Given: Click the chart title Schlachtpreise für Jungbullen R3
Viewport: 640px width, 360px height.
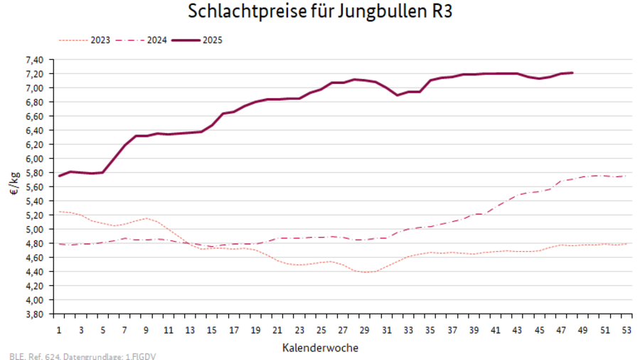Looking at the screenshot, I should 319,12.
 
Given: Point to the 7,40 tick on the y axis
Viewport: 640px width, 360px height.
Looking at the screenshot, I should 35,60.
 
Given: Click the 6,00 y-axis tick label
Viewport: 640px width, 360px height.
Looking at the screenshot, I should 35,159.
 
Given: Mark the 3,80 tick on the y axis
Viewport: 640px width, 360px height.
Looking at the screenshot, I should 35,314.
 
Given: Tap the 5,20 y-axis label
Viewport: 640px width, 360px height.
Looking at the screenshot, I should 35,215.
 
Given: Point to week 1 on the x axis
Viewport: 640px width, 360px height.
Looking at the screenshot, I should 59,331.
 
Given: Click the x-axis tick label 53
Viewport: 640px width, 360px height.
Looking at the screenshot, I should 626,331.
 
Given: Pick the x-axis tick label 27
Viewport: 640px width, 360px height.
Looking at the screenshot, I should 343,331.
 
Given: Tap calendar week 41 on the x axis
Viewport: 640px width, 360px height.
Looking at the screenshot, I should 495,331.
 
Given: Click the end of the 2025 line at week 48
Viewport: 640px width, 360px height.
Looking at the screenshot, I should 572,73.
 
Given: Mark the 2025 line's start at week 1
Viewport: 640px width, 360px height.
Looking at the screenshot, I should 59,176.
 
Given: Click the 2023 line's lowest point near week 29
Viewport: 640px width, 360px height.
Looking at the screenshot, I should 365,272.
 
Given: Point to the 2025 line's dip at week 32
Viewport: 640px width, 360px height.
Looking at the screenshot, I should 398,95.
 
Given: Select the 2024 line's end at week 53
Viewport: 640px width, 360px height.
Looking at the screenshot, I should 626,176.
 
